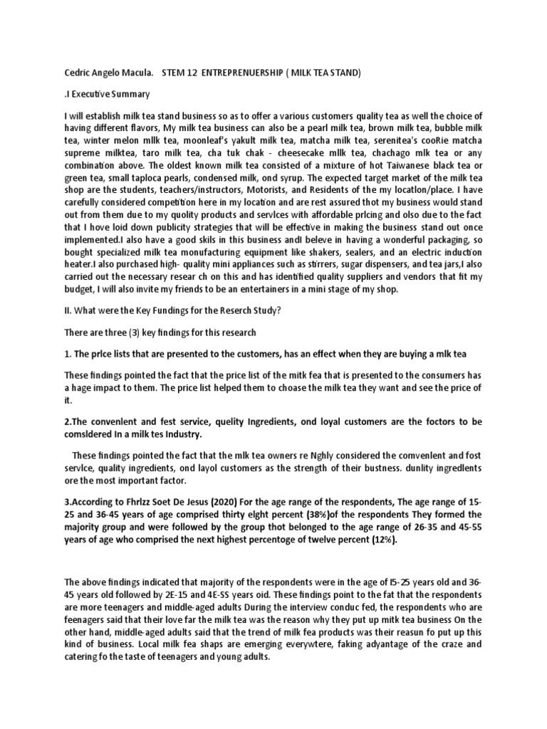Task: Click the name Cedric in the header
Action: click(78, 73)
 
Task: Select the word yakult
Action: click(239, 142)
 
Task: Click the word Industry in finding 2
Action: click(182, 434)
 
